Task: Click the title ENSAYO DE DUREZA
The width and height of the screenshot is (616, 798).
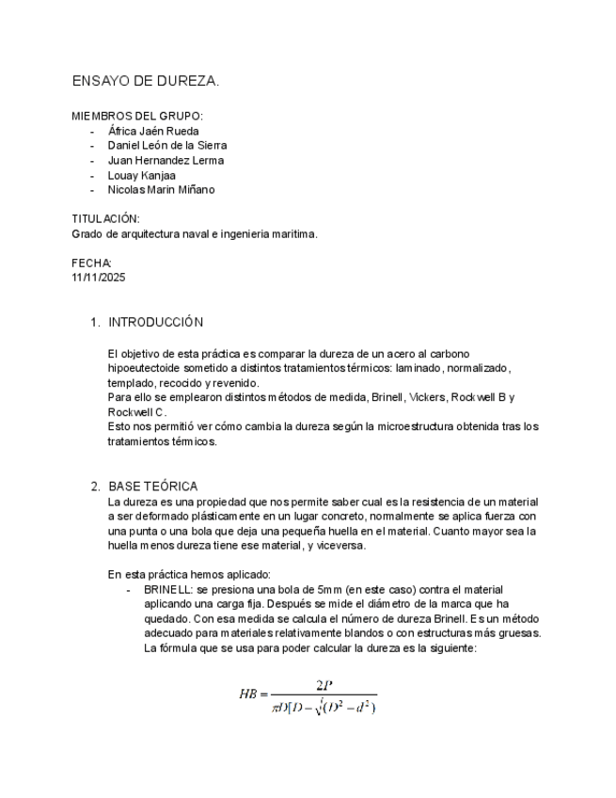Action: click(146, 82)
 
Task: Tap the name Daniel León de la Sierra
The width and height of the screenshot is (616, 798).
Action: click(167, 146)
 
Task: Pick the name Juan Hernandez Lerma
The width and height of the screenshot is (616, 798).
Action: click(166, 160)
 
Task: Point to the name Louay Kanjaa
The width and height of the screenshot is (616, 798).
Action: click(141, 175)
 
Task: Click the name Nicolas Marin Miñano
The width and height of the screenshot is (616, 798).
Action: click(161, 189)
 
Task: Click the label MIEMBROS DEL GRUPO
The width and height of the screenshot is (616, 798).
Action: click(137, 116)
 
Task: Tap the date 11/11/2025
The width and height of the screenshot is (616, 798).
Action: click(99, 278)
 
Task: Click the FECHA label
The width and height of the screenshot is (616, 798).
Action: click(92, 263)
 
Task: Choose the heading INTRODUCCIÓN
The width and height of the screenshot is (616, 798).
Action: click(155, 322)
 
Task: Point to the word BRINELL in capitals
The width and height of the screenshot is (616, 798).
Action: click(166, 590)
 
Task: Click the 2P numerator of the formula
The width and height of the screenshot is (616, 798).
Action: click(324, 685)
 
